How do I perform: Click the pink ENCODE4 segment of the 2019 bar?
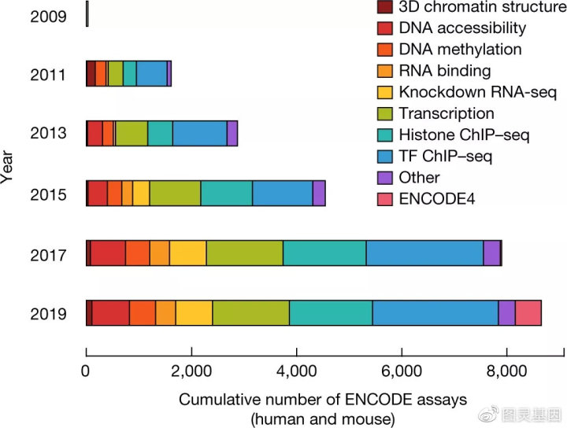pyautogui.click(x=528, y=312)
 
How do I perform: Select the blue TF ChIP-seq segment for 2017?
pyautogui.click(x=424, y=253)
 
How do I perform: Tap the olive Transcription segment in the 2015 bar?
pyautogui.click(x=175, y=194)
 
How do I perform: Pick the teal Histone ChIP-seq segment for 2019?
pyautogui.click(x=331, y=312)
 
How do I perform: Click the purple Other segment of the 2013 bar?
pyautogui.click(x=232, y=134)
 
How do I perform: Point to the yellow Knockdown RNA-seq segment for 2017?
pyautogui.click(x=187, y=253)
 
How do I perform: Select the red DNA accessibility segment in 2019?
pyautogui.click(x=110, y=312)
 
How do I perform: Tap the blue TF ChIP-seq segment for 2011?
pyautogui.click(x=151, y=74)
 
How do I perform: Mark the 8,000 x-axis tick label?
pyautogui.click(x=506, y=373)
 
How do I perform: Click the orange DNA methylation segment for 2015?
pyautogui.click(x=114, y=194)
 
